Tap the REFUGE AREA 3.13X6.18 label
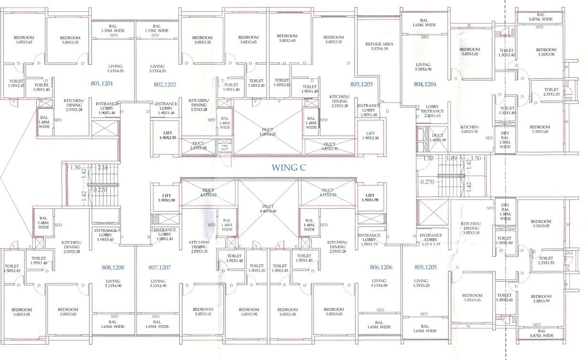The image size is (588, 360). click(379, 46)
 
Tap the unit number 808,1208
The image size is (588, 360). click(113, 268)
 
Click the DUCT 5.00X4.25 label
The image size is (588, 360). click(268, 132)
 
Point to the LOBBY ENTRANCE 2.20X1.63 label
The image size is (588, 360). click(432, 114)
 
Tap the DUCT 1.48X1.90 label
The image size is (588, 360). click(438, 138)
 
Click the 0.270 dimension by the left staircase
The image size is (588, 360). click(100, 190)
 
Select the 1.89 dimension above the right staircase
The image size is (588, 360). click(451, 159)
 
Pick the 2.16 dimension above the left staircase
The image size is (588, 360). click(103, 168)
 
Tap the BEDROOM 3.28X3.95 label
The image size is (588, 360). click(541, 298)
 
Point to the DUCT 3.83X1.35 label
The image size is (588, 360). click(329, 147)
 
